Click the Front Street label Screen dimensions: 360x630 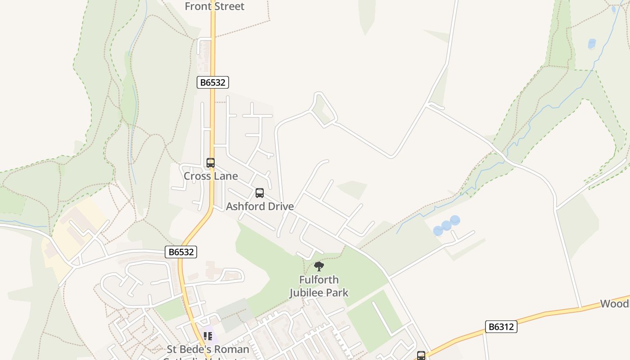pyautogui.click(x=215, y=6)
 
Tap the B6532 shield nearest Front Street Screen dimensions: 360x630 pyautogui.click(x=213, y=82)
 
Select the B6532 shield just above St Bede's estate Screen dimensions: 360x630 pyautogui.click(x=181, y=252)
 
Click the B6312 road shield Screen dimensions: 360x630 pyautogui.click(x=501, y=327)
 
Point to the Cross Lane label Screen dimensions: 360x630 pyautogui.click(x=211, y=176)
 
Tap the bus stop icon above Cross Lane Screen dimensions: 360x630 pyautogui.click(x=211, y=163)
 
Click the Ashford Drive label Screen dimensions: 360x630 pyautogui.click(x=260, y=206)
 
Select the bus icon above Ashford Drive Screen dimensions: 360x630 pyautogui.click(x=260, y=193)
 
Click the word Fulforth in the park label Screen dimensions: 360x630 pyautogui.click(x=319, y=280)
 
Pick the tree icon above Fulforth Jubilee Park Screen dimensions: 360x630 pyautogui.click(x=319, y=266)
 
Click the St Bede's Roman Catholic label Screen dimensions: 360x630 pyautogui.click(x=208, y=350)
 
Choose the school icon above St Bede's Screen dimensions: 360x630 pyautogui.click(x=208, y=336)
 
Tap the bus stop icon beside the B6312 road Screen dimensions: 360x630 pyautogui.click(x=421, y=355)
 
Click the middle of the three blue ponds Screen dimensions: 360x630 pyautogui.click(x=446, y=225)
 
